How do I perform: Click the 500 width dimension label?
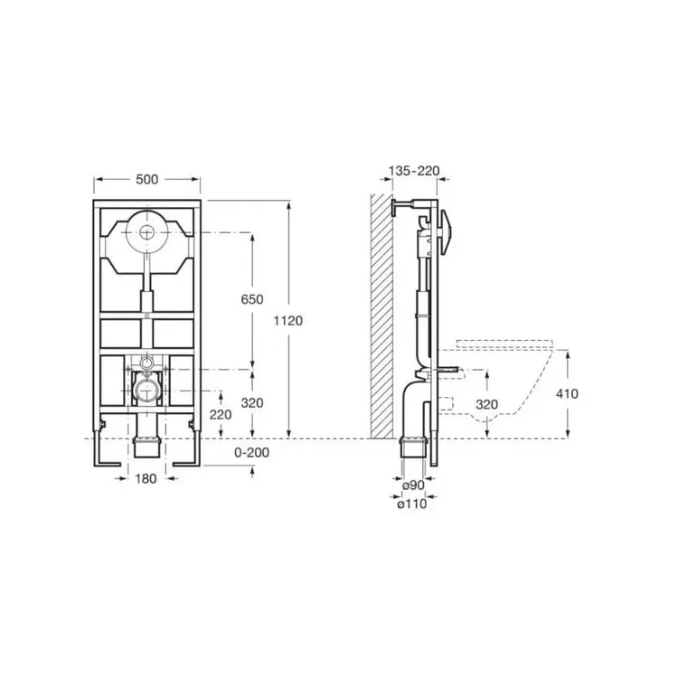click(x=147, y=180)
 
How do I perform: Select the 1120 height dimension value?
click(x=288, y=321)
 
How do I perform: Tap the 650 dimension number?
click(x=252, y=299)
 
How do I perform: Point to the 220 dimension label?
click(x=221, y=415)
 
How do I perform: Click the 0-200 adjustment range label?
click(x=251, y=453)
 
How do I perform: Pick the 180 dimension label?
click(x=146, y=478)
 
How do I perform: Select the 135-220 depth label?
click(x=414, y=171)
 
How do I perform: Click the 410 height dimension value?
click(x=567, y=394)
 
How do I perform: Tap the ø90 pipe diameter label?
click(x=413, y=485)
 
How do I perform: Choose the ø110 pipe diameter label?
click(x=411, y=504)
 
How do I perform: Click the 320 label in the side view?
click(x=487, y=405)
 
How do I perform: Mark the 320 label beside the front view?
click(x=252, y=403)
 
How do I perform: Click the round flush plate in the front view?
click(x=146, y=232)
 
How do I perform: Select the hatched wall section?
click(x=381, y=316)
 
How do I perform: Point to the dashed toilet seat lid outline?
click(x=504, y=344)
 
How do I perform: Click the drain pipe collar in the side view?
click(x=414, y=440)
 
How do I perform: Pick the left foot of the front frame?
click(x=107, y=448)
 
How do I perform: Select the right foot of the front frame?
click(x=187, y=448)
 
